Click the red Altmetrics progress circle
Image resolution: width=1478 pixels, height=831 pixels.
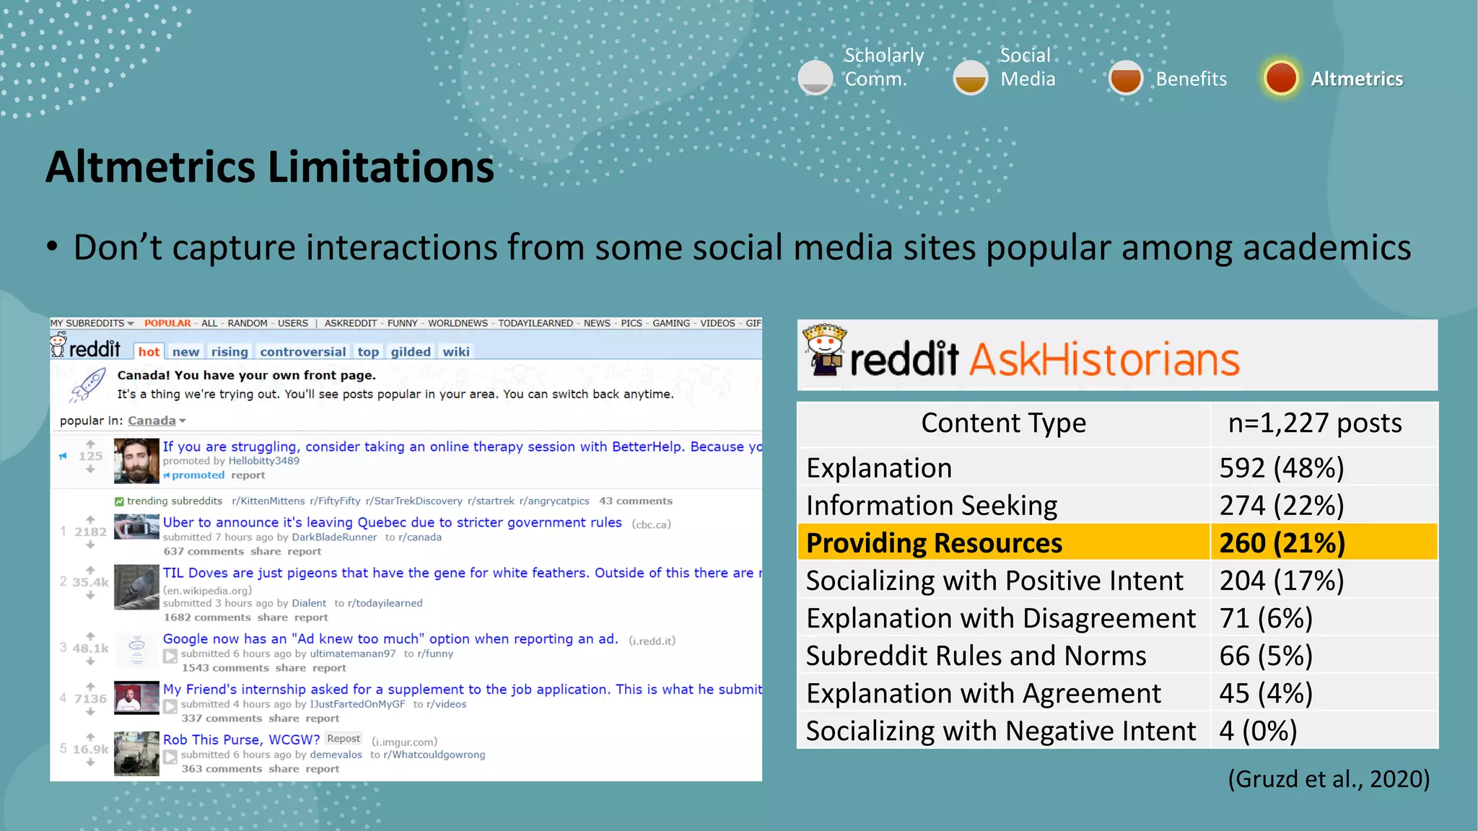click(x=1281, y=78)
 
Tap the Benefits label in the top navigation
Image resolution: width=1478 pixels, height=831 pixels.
click(x=1191, y=79)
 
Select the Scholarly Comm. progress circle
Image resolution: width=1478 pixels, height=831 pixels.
click(x=815, y=78)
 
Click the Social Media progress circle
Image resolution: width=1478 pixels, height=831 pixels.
click(x=970, y=78)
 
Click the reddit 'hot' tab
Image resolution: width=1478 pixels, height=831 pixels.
click(x=149, y=352)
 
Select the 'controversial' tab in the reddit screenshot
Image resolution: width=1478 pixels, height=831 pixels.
click(x=302, y=352)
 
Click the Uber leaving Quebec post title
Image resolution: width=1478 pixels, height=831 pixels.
click(x=392, y=522)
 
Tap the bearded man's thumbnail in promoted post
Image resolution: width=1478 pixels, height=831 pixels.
click(x=136, y=461)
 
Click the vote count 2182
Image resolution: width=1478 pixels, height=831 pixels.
click(x=90, y=532)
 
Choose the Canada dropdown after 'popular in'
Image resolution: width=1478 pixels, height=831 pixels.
click(x=156, y=421)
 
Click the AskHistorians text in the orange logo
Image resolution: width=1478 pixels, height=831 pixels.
click(x=1103, y=359)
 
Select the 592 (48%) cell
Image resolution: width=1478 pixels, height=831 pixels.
click(x=1281, y=468)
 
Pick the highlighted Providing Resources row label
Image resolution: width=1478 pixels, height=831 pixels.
click(x=934, y=543)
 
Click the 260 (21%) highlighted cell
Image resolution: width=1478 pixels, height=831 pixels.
click(x=1282, y=543)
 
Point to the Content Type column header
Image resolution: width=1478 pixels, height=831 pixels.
click(x=1003, y=423)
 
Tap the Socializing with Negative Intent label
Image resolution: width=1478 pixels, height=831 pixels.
click(x=1000, y=731)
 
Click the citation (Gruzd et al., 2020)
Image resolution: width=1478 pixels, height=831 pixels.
click(x=1328, y=779)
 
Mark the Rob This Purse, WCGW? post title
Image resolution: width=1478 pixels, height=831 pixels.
click(x=241, y=739)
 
